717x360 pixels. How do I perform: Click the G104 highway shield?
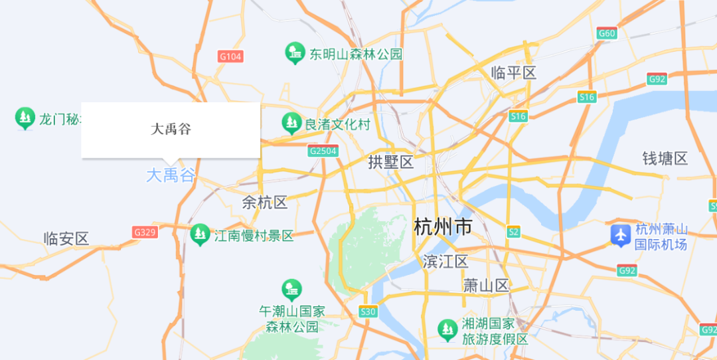[230, 56]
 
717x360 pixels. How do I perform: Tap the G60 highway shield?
[607, 33]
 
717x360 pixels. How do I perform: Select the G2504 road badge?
[323, 151]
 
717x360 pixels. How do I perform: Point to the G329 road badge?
[144, 232]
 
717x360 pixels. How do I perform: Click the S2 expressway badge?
[513, 232]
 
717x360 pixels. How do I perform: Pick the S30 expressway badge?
[368, 311]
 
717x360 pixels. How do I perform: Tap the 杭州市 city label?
[443, 227]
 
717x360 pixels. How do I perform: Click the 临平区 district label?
[513, 73]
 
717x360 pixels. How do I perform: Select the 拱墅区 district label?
[391, 162]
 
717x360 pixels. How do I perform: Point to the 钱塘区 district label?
[665, 159]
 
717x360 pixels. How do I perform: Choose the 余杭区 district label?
[265, 203]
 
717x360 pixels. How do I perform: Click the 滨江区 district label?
[445, 262]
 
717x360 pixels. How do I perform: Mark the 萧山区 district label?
[486, 286]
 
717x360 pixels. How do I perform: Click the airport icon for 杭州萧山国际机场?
[620, 234]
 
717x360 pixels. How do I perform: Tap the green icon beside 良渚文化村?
[291, 123]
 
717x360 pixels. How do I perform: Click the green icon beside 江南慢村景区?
[199, 234]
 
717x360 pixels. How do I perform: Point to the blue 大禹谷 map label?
[171, 175]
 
